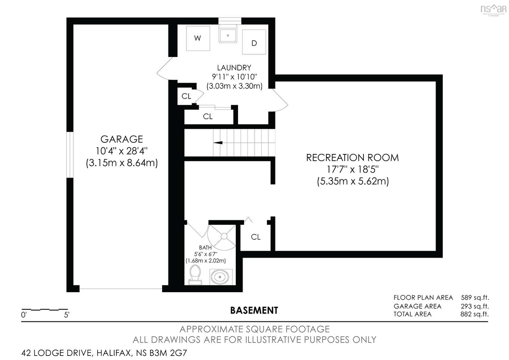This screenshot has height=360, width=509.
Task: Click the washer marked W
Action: tap(198, 38)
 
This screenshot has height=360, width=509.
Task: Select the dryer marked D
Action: tap(254, 43)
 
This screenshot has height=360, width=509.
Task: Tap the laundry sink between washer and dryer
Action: tap(228, 35)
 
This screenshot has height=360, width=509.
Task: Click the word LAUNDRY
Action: tap(234, 68)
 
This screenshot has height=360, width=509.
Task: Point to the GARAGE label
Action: tap(122, 139)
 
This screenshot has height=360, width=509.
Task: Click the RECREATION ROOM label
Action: tap(352, 158)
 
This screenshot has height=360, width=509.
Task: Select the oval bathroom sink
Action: tap(220, 277)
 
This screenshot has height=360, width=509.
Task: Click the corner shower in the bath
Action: tap(223, 237)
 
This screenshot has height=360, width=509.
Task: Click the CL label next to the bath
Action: tap(256, 237)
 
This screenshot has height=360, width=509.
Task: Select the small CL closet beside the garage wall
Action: tap(186, 96)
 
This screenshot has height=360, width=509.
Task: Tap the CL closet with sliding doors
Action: tap(208, 117)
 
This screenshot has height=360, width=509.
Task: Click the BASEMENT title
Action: tap(254, 311)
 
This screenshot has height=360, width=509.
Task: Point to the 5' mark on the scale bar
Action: tap(67, 315)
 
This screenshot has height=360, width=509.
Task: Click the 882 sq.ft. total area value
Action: tap(474, 314)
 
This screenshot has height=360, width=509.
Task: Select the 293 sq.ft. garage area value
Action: tap(474, 306)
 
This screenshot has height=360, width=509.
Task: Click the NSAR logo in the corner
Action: tap(493, 9)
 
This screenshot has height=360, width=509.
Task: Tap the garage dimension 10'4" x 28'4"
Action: tap(122, 151)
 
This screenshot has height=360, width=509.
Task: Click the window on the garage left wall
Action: tap(70, 154)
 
